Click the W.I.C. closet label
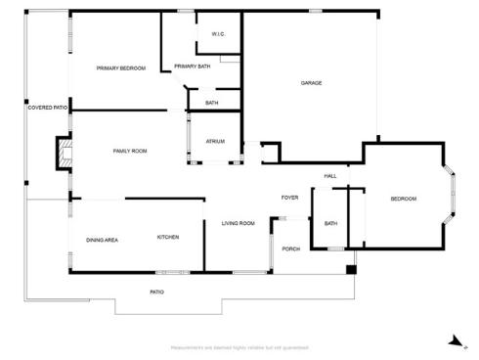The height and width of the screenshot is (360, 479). [x=219, y=34]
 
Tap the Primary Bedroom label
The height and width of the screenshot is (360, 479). [x=120, y=67]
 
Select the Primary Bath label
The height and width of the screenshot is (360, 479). [x=192, y=66]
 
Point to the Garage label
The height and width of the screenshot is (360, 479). [x=311, y=82]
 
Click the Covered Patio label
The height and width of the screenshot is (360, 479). [x=47, y=107]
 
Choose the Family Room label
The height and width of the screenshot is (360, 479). [x=129, y=151]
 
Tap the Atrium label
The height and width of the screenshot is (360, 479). [x=215, y=141]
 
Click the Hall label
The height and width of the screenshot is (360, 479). [x=330, y=176]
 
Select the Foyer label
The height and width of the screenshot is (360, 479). [x=289, y=198]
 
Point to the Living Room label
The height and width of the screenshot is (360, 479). [x=238, y=223]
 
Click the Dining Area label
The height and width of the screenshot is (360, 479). [x=103, y=239]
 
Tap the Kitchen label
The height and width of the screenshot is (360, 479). [x=168, y=237]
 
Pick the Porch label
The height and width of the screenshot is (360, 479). [x=290, y=248]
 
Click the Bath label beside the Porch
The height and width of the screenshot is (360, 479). [x=330, y=223]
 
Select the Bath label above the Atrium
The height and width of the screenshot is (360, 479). [x=211, y=103]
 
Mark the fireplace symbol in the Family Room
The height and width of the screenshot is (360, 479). [x=65, y=151]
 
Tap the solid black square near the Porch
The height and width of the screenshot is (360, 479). [x=352, y=267]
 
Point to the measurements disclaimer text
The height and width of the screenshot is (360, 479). [x=239, y=347]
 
